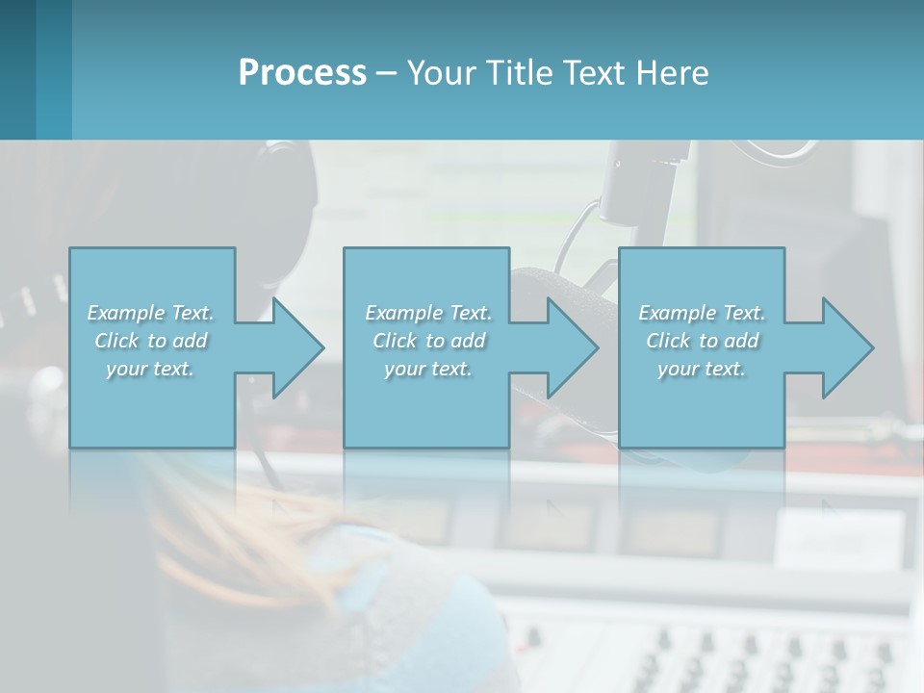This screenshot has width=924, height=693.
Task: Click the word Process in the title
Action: click(x=302, y=73)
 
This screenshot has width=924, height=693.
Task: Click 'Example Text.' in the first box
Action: click(x=150, y=313)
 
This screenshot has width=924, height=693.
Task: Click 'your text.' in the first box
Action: click(x=150, y=369)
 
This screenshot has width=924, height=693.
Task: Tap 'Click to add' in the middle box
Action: click(x=428, y=341)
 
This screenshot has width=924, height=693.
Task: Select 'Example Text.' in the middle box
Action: click(x=428, y=313)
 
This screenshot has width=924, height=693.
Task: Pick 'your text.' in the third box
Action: click(x=702, y=369)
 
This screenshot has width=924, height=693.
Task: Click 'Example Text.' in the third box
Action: click(x=702, y=313)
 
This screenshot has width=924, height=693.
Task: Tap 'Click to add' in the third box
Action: click(x=702, y=341)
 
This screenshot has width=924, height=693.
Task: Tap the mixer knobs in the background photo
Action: click(x=731, y=654)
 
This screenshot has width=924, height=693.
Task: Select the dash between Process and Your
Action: click(x=386, y=73)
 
